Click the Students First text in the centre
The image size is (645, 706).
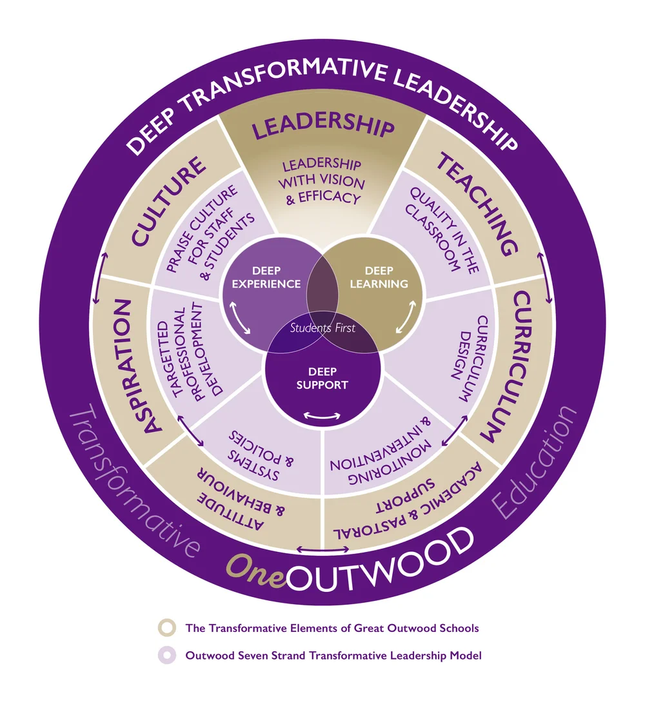[x=322, y=328]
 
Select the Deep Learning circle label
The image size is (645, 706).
[x=378, y=278]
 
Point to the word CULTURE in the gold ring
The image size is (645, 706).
[x=168, y=199]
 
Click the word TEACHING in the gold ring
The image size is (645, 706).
[x=477, y=204]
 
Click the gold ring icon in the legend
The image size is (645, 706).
[x=167, y=627]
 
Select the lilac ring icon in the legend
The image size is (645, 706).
[x=167, y=656]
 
